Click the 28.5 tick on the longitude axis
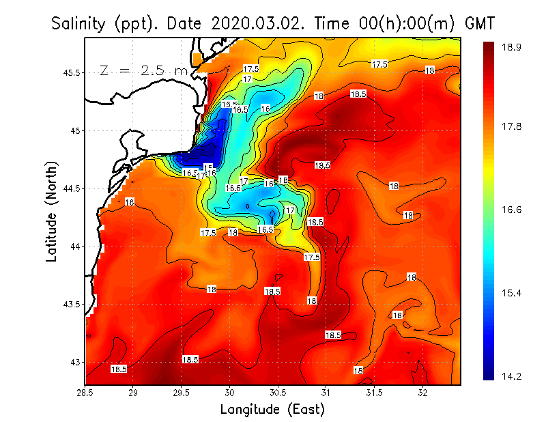tap(85, 393)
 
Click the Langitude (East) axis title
tap(272, 410)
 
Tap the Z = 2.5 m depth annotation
tap(143, 70)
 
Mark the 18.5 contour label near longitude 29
tap(119, 369)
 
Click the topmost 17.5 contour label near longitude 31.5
tap(379, 64)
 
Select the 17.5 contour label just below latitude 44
tap(312, 257)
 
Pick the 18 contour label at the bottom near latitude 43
tap(358, 370)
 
